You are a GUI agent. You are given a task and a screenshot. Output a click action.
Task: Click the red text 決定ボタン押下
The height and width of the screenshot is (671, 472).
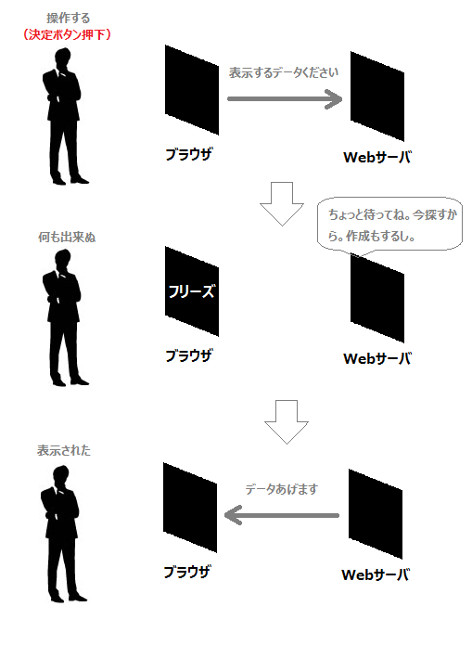68,34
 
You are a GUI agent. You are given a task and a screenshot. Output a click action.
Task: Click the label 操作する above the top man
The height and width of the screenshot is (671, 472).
69,18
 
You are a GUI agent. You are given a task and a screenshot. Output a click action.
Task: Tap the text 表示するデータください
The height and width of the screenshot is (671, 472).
284,72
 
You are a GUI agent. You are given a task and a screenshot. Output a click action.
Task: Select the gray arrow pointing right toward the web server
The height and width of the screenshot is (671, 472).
285,99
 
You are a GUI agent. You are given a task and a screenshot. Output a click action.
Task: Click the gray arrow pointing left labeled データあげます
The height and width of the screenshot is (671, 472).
281,515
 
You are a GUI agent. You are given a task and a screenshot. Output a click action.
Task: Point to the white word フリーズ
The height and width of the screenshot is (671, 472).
191,291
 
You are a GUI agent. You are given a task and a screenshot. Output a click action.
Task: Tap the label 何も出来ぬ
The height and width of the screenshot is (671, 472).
67,237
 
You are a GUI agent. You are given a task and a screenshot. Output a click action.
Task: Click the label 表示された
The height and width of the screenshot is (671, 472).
64,450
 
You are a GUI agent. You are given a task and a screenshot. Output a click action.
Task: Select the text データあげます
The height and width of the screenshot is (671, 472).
281,489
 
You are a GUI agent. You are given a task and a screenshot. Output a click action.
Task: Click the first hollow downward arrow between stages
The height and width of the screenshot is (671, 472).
282,204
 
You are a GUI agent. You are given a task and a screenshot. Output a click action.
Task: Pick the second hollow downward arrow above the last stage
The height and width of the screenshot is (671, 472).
287,422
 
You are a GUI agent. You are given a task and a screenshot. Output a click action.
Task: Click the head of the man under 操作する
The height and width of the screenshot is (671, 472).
63,58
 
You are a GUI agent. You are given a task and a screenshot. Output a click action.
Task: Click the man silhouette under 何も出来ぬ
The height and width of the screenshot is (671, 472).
64,317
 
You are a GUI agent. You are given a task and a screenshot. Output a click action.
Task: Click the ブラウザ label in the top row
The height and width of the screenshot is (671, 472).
188,154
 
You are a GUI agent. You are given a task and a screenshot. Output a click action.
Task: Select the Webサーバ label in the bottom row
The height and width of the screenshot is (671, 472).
376,574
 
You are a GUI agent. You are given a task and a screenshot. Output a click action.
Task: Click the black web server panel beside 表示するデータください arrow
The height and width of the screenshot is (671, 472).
377,97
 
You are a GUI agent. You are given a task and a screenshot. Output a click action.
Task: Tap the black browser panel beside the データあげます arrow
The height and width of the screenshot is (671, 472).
190,508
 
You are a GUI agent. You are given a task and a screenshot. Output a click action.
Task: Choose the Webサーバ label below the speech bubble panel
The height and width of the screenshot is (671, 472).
377,358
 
